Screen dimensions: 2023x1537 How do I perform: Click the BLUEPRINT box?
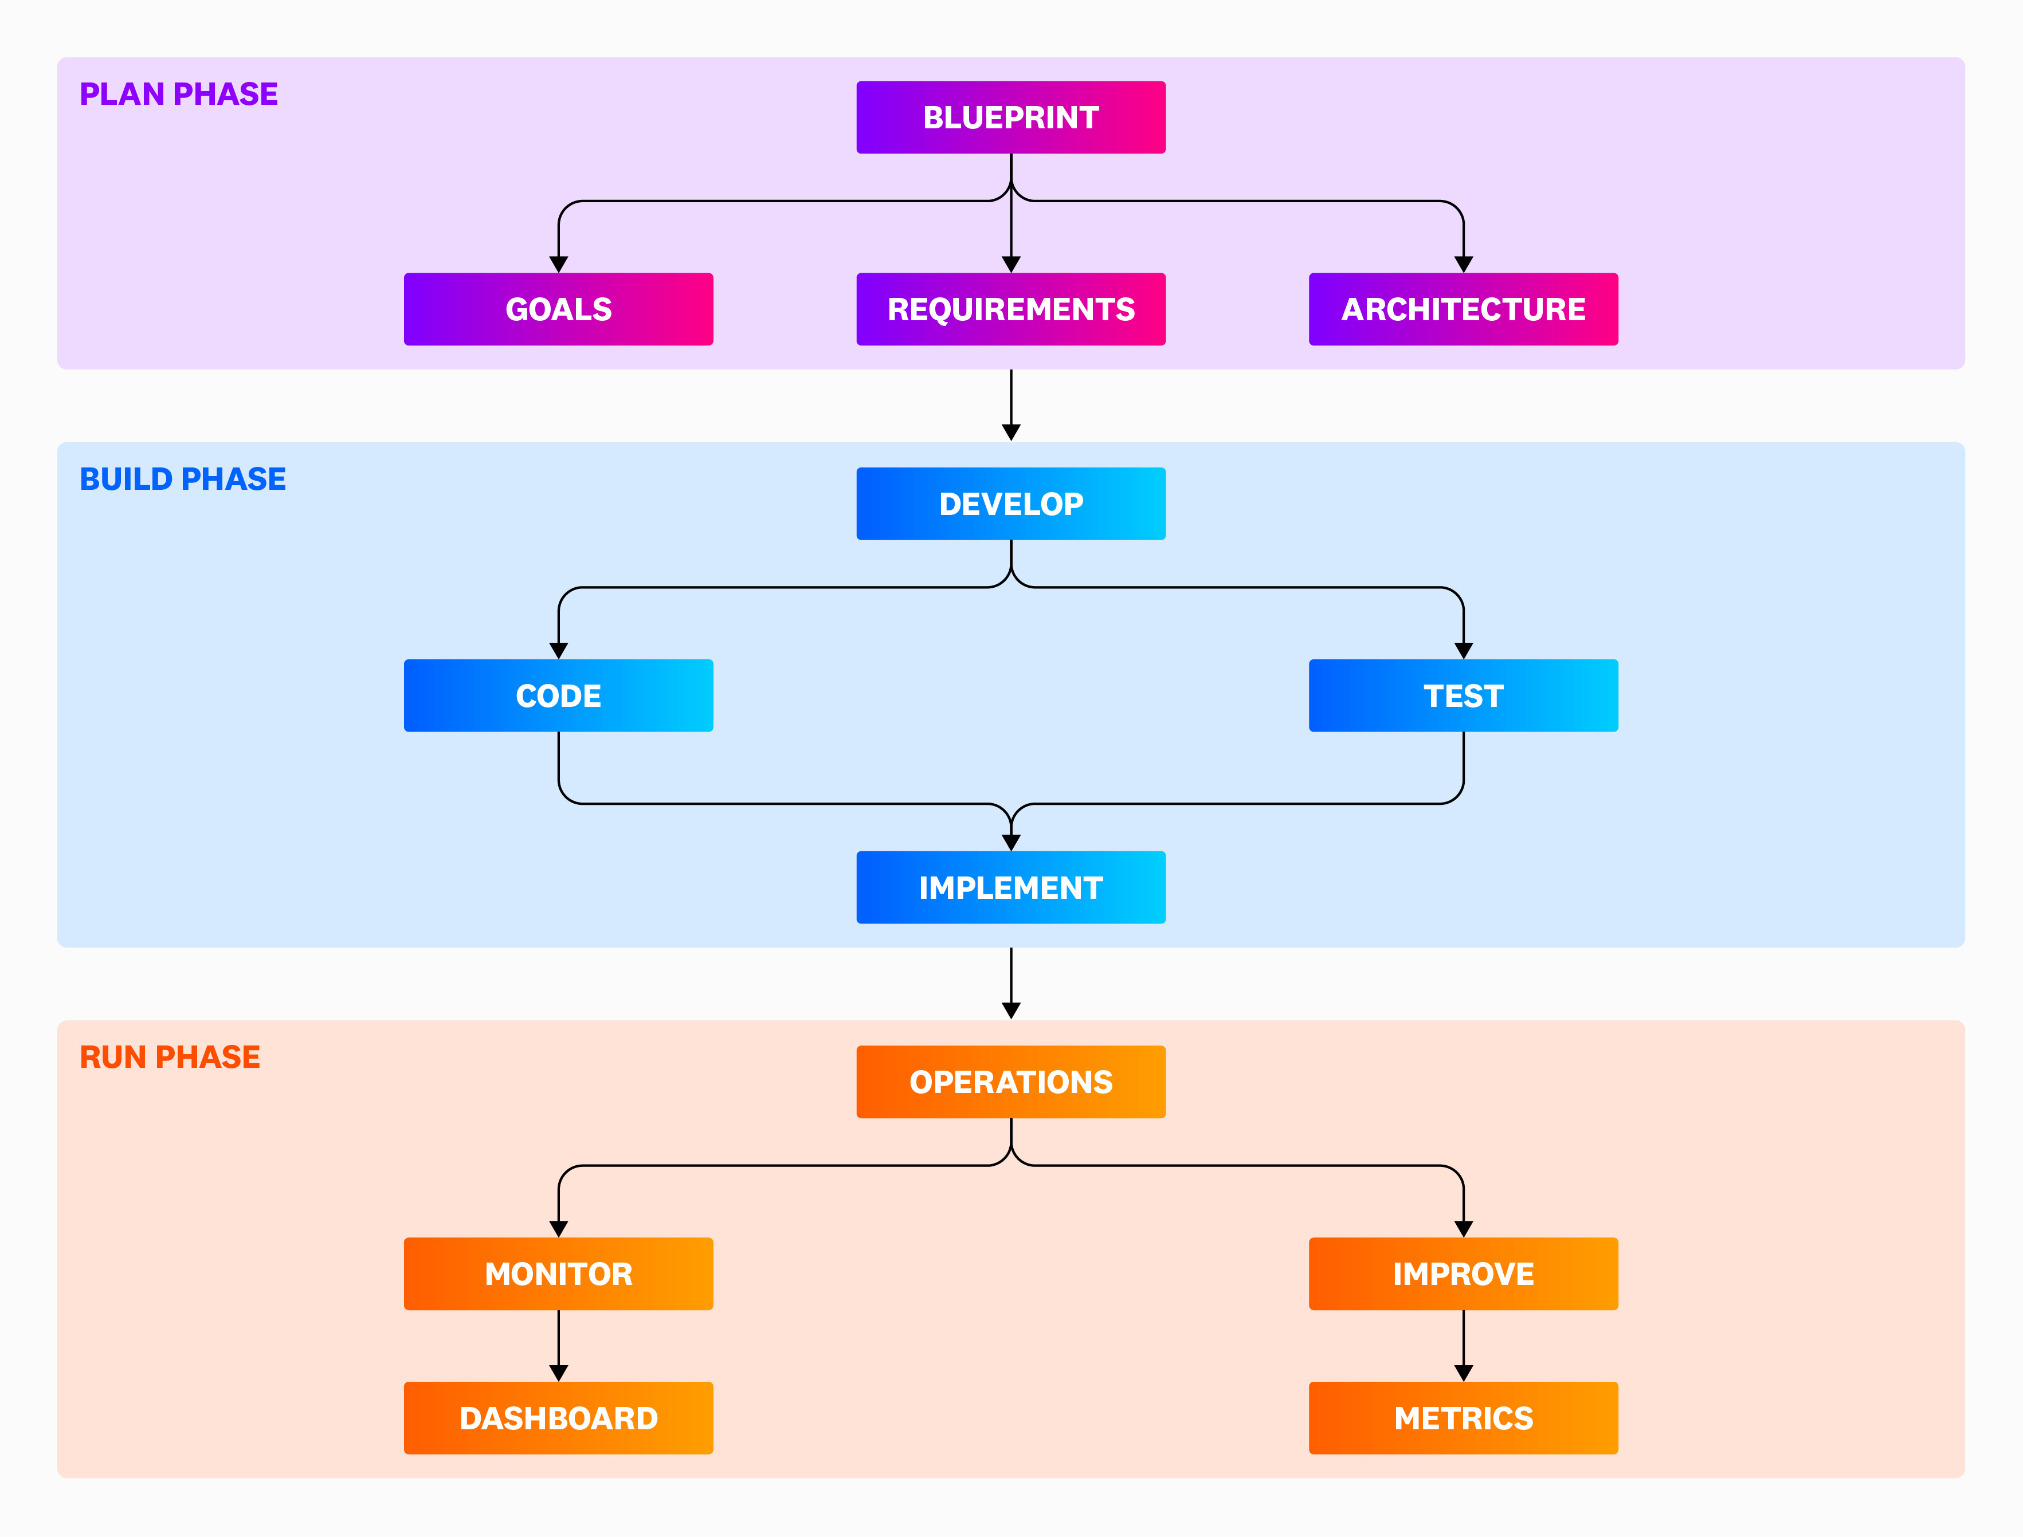coord(1011,117)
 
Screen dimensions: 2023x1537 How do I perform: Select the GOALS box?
coord(558,309)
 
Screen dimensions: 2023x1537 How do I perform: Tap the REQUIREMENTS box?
coord(1011,309)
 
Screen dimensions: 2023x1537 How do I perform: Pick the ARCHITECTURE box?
coord(1463,309)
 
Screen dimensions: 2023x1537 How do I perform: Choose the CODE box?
coord(558,695)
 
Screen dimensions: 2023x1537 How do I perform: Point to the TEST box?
coord(1463,695)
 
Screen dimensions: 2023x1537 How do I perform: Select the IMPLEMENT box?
coord(1011,887)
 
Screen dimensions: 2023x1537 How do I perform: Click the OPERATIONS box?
coord(1011,1082)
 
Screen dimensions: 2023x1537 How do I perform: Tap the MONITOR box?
coord(558,1273)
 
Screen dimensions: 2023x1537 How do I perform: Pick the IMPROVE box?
coord(1463,1273)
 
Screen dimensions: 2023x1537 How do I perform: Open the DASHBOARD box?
coord(558,1418)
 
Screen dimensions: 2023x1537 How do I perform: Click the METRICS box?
coord(1463,1418)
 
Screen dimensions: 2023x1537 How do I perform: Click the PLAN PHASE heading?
coord(178,94)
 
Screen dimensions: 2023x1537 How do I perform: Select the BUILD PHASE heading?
coord(183,479)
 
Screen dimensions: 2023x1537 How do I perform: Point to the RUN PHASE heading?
coord(170,1058)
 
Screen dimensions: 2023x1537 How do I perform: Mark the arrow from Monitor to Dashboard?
coord(558,1346)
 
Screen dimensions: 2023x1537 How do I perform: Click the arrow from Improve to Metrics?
coord(1463,1346)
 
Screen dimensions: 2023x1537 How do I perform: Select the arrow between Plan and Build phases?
coord(1011,405)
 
